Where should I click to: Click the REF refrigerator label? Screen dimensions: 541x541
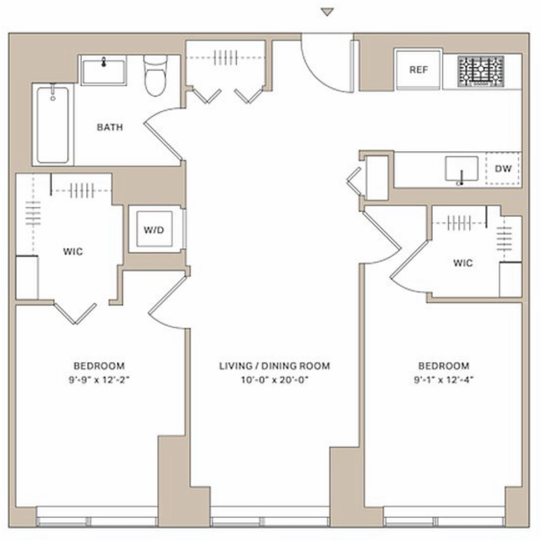coord(418,70)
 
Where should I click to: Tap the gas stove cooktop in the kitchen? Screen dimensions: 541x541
coord(481,71)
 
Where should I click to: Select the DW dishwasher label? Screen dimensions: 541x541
coord(503,169)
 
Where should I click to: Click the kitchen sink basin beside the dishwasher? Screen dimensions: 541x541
coord(462,169)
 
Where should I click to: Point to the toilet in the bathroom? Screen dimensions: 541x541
coord(155,75)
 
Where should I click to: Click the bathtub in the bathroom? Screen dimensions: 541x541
coord(53,125)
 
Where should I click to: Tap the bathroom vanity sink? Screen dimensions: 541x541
coord(104,71)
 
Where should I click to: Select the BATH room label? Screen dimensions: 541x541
coord(110,127)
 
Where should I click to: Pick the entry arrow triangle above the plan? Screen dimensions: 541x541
coord(327,12)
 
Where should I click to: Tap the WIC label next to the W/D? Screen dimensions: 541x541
coord(73,251)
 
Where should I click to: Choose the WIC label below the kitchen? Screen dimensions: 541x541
coord(463,263)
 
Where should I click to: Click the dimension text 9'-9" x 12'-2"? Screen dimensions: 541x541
coord(99,380)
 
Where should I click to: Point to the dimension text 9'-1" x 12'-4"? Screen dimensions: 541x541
coord(444,380)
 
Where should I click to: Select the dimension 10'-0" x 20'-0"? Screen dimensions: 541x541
coord(275,380)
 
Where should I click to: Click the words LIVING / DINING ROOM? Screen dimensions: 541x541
coord(275,366)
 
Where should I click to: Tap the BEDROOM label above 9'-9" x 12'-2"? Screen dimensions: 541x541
coord(99,366)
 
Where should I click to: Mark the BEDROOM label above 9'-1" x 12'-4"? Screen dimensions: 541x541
coord(444,366)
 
